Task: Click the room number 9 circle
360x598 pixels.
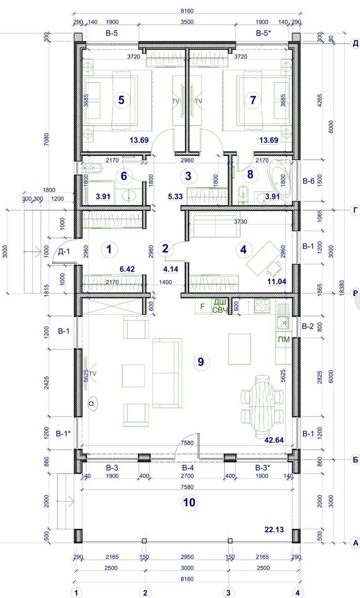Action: coord(201,362)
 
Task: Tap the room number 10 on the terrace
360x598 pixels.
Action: coord(189,502)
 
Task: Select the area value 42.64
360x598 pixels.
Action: coord(274,440)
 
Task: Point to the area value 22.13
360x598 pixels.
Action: coord(274,529)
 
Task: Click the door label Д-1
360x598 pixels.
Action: coord(64,251)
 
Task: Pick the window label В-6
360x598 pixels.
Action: coord(309,181)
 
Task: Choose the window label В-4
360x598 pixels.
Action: coord(188,467)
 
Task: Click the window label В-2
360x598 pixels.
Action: coord(308,326)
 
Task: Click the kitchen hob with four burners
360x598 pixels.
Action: coord(262,305)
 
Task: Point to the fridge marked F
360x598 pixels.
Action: coord(203,306)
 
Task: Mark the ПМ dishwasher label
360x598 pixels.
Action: coord(284,339)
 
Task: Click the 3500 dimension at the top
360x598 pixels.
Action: coord(187,22)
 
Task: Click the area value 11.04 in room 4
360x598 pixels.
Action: coord(276,282)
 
